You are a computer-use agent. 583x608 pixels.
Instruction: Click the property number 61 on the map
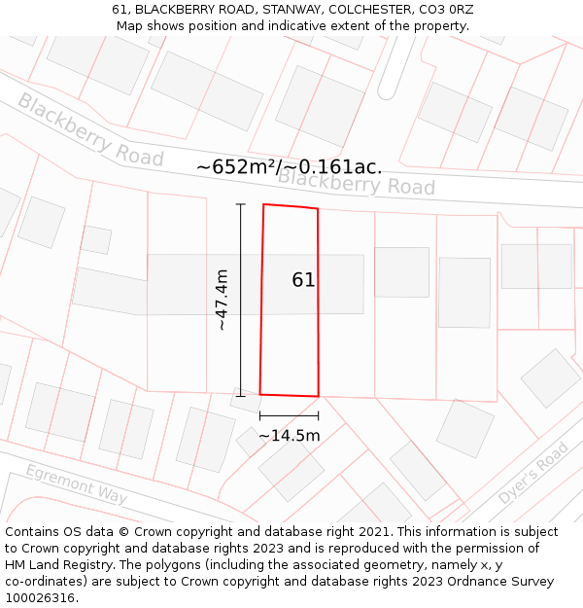pos(303,280)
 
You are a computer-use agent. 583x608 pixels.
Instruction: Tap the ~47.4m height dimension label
pos(223,300)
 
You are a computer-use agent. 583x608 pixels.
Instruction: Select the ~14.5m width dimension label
pos(289,436)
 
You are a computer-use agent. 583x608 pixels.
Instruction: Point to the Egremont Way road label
pos(76,484)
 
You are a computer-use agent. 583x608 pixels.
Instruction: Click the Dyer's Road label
pos(532,474)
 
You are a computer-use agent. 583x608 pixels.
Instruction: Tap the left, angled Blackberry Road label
pos(90,129)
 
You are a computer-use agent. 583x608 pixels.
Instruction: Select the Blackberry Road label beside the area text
pos(357,183)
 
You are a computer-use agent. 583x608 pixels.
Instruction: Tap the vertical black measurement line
pos(241,292)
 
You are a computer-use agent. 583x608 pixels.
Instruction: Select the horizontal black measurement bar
pos(289,416)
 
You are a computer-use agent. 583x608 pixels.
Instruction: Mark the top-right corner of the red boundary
pos(318,208)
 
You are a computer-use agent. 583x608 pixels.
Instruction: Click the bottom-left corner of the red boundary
pos(259,394)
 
